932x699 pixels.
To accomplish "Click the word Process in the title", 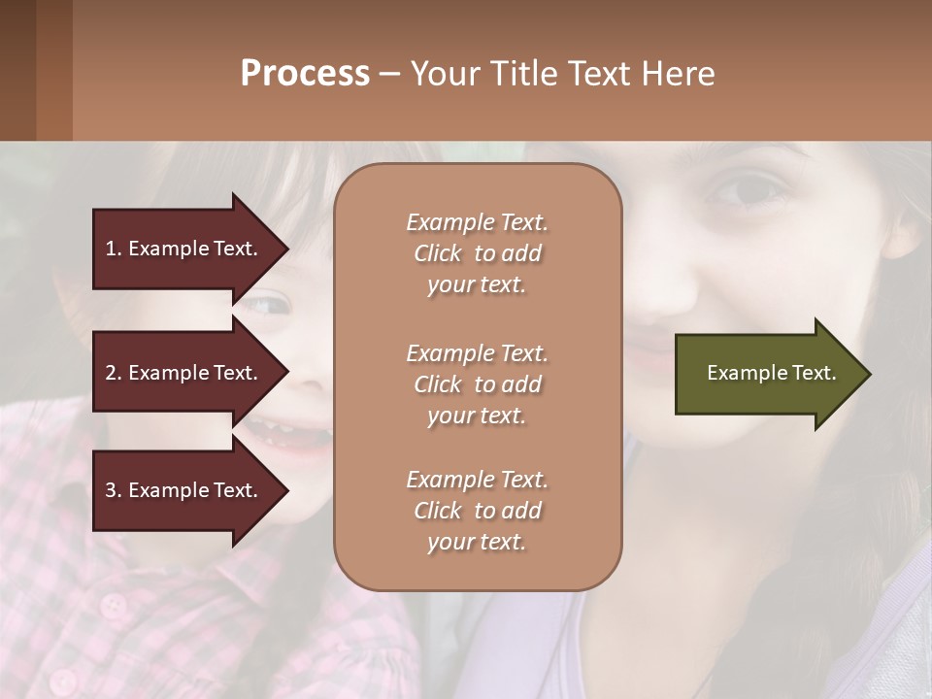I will click(305, 74).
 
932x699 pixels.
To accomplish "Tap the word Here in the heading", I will click(677, 74).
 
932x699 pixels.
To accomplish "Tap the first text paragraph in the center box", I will click(477, 253).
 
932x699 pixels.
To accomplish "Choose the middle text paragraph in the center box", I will click(477, 384).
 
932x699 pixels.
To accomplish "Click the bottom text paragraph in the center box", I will click(477, 511).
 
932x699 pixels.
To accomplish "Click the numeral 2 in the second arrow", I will click(110, 373).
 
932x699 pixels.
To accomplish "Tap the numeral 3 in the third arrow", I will click(110, 490).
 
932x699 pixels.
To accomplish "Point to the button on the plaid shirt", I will click(115, 607).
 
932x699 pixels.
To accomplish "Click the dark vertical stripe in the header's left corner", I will click(17, 70).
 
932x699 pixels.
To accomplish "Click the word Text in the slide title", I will click(598, 74).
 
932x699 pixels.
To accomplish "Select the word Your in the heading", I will click(445, 74).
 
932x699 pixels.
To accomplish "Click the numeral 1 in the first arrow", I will click(110, 249).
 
